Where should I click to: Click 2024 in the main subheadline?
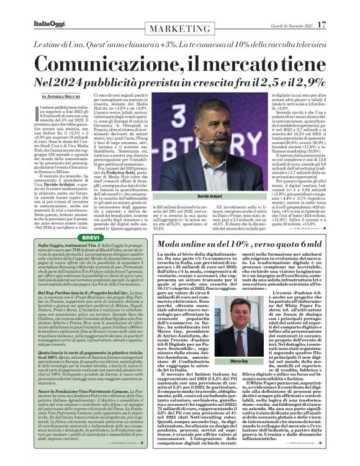tap(81, 82)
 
